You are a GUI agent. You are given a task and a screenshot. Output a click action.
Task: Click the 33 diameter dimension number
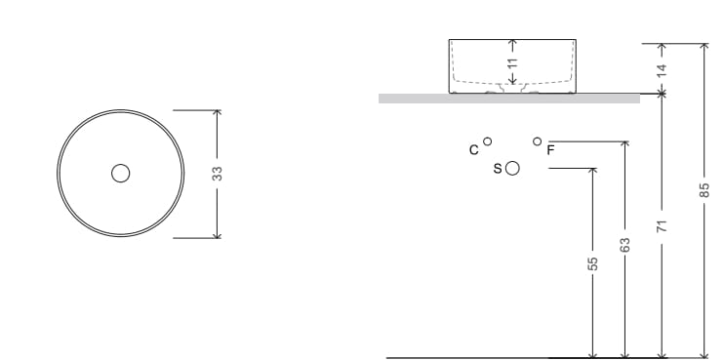coord(218,173)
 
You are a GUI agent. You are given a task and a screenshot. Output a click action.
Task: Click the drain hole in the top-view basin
coord(120,173)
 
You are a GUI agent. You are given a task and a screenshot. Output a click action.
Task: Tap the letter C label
coord(473,150)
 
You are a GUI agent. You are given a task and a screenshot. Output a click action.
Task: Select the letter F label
coord(550,150)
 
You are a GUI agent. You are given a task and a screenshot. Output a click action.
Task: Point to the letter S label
coord(498,169)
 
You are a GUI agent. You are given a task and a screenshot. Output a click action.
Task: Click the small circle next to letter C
coord(488,141)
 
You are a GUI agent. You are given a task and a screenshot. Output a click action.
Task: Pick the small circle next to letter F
coord(537,141)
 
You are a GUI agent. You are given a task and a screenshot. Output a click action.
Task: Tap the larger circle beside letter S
coord(512,168)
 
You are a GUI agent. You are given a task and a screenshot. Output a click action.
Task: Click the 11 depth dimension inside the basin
coord(511,62)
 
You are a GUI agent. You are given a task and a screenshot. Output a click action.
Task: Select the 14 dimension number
coord(662,69)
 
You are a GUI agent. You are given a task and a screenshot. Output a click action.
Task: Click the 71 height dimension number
coord(662,226)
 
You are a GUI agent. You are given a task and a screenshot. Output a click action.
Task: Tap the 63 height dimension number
coord(625,244)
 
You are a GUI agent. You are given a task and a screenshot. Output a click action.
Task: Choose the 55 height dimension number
coord(592,264)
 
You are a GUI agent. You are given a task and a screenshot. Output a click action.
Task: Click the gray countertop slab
coord(508,98)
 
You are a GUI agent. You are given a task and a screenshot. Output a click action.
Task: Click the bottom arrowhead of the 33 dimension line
coord(218,235)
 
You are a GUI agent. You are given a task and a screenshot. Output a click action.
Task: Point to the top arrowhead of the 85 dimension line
coord(704,46)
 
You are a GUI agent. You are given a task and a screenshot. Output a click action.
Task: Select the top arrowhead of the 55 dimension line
coord(592,171)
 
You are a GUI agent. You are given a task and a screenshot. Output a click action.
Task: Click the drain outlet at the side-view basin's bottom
coord(512,89)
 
